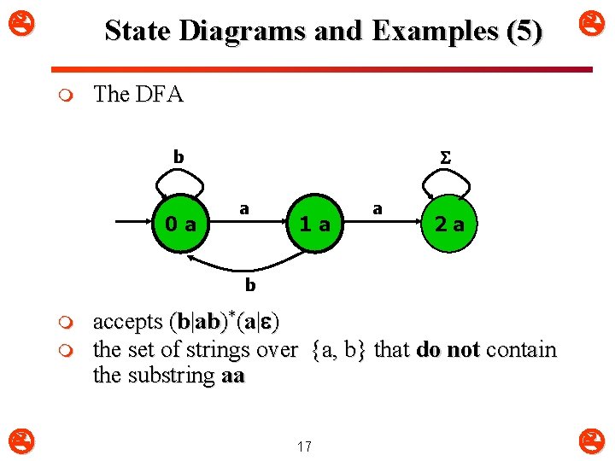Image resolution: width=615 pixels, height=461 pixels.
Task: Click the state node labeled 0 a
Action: point(181,225)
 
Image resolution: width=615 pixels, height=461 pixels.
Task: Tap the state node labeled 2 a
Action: point(448,225)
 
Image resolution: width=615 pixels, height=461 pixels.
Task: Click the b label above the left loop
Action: point(179,157)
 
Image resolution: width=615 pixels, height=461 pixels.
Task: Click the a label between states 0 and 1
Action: point(244,208)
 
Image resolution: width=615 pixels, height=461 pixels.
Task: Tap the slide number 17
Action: point(305,446)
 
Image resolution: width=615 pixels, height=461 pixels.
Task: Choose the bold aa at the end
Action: point(232,376)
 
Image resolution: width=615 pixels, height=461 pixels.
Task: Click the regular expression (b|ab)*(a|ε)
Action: point(224,322)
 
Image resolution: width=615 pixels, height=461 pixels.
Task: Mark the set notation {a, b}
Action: point(336,350)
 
